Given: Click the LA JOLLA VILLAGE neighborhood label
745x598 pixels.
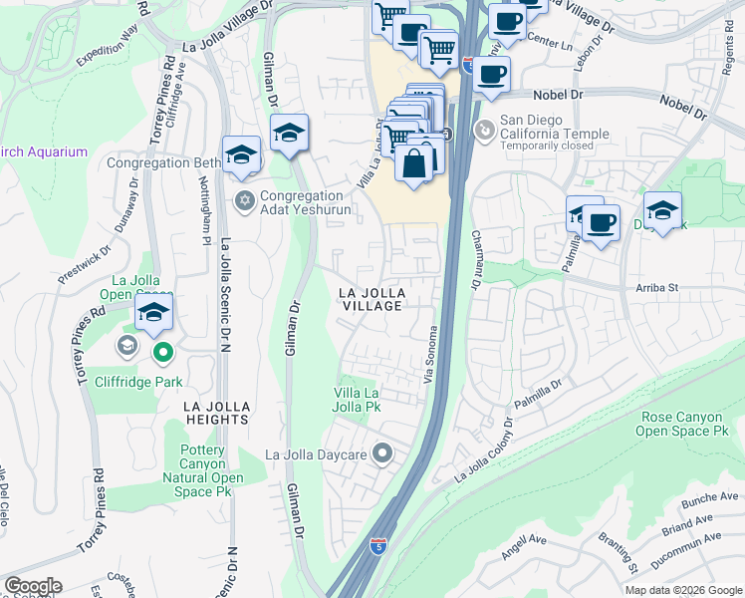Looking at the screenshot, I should tap(372, 299).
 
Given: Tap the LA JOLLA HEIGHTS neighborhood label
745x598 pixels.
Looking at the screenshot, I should tap(215, 413).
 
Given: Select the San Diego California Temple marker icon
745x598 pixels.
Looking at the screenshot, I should tap(484, 130).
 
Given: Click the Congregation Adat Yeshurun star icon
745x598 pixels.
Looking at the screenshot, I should tap(244, 201).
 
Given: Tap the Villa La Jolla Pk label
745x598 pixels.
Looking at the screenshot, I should tap(358, 400).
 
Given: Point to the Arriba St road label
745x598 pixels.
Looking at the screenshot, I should tap(656, 288).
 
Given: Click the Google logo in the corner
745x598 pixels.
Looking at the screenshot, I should tap(32, 586).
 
